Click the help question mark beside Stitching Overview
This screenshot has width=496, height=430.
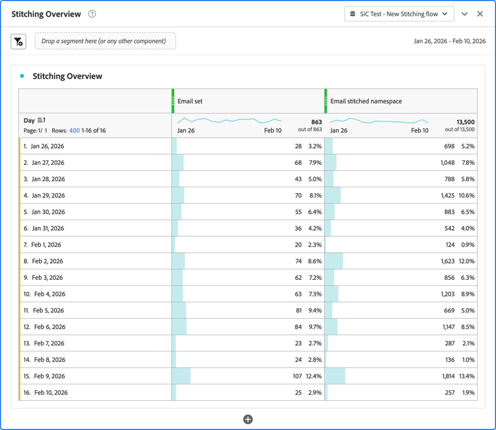pyautogui.click(x=92, y=14)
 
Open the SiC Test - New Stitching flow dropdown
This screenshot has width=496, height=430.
pyautogui.click(x=399, y=14)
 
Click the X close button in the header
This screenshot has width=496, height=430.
pyautogui.click(x=481, y=14)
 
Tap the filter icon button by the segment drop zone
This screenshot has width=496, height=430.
pyautogui.click(x=19, y=42)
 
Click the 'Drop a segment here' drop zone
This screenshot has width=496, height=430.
pyautogui.click(x=105, y=41)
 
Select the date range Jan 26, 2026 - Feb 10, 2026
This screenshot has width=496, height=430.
pyautogui.click(x=450, y=41)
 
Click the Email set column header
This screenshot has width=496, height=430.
pyautogui.click(x=190, y=101)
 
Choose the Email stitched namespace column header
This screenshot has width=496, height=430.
pyautogui.click(x=366, y=101)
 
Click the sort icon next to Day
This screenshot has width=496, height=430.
pyautogui.click(x=42, y=120)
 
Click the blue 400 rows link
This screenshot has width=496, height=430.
pyautogui.click(x=74, y=130)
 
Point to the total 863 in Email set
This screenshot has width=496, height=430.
pyautogui.click(x=316, y=122)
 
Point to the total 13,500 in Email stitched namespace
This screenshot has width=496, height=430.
pyautogui.click(x=466, y=122)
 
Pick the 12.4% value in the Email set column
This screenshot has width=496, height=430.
pyautogui.click(x=313, y=376)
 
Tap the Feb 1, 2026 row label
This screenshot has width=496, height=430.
pyautogui.click(x=46, y=245)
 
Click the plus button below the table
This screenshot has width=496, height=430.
pyautogui.click(x=248, y=419)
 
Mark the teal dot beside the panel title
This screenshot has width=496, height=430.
pyautogui.click(x=22, y=76)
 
